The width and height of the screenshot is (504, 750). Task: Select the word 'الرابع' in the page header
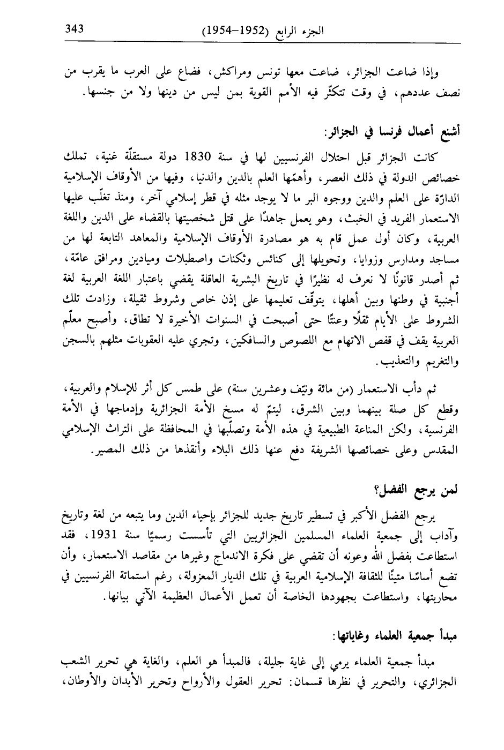pos(290,30)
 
